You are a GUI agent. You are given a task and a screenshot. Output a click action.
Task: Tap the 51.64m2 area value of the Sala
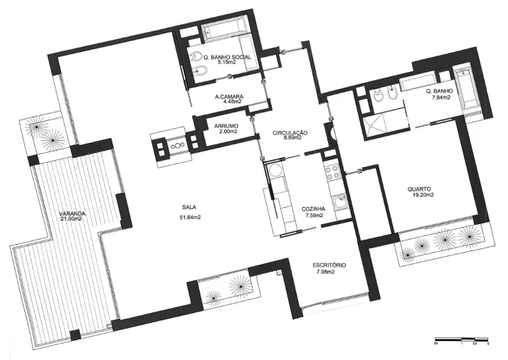click(x=188, y=217)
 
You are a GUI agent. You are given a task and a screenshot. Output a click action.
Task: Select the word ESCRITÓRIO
click(x=329, y=265)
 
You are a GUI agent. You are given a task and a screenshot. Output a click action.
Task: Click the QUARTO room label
click(x=419, y=189)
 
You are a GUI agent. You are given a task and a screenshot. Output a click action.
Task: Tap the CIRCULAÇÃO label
click(x=290, y=132)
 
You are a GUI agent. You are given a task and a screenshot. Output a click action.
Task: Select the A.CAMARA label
click(x=228, y=96)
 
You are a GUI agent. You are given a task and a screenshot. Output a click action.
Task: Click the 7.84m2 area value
click(x=437, y=97)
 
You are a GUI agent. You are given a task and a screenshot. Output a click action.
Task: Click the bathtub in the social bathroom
click(x=223, y=33)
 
